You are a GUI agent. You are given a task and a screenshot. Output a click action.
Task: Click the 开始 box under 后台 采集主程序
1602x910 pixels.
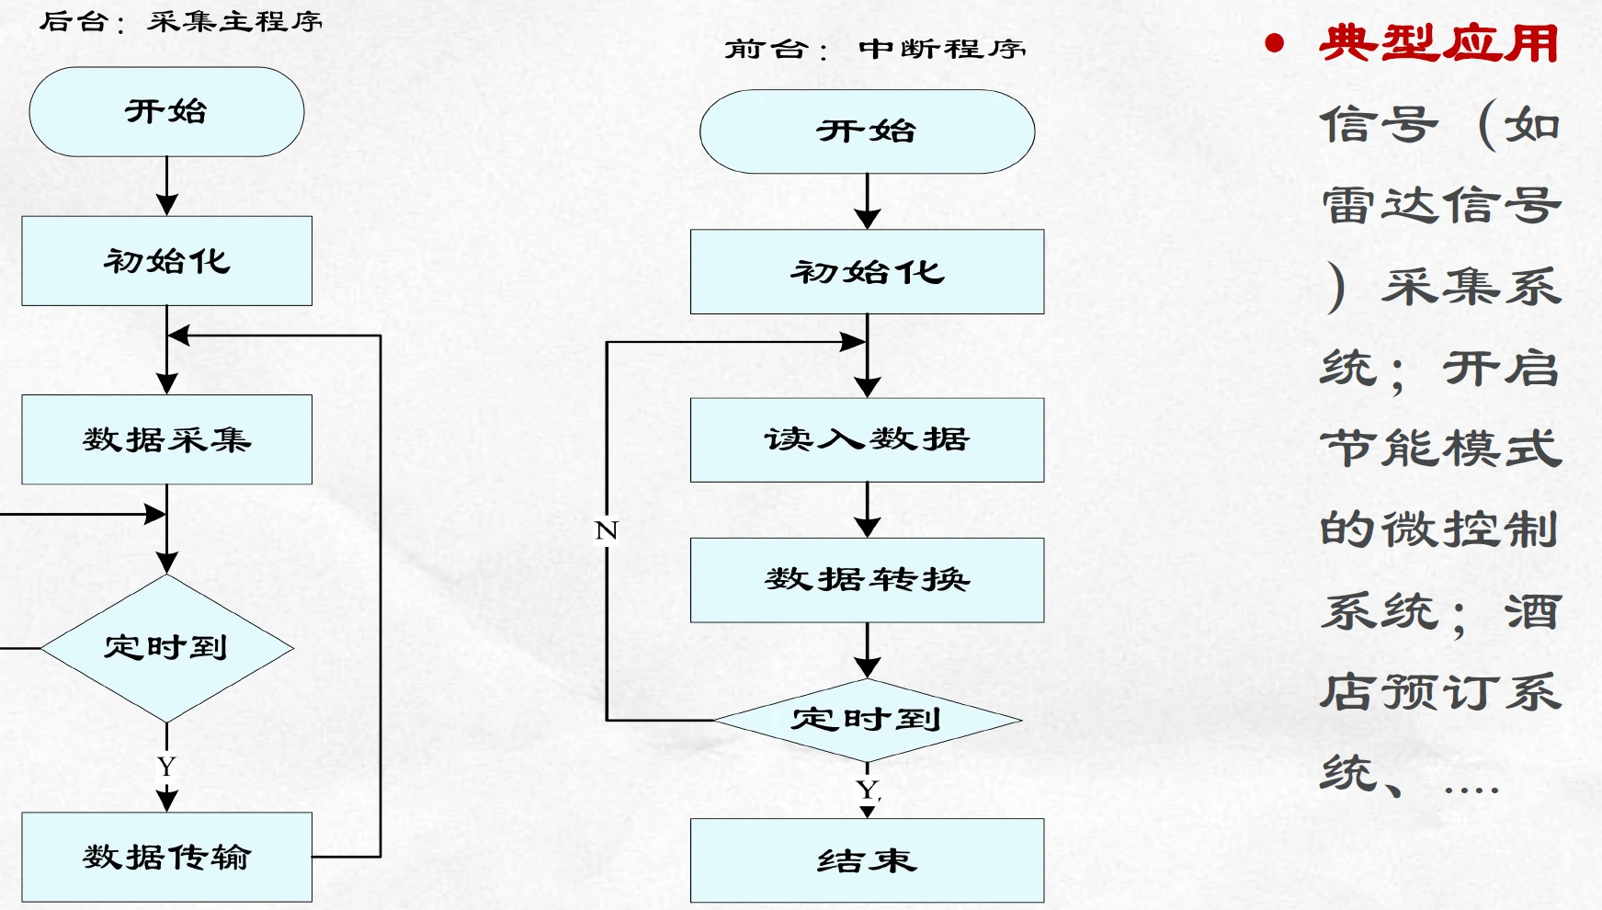pos(166,111)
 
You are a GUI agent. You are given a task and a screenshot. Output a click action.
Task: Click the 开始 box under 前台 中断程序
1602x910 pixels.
pos(867,131)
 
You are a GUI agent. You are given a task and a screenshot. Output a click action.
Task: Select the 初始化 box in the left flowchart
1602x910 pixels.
pos(166,261)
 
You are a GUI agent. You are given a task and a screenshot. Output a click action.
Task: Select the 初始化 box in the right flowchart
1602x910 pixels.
pos(867,272)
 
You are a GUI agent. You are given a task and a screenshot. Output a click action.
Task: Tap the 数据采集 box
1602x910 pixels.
pos(166,439)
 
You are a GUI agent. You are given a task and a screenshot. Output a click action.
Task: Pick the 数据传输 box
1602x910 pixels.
pos(166,857)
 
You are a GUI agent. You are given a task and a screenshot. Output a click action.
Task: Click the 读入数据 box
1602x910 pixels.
pos(867,439)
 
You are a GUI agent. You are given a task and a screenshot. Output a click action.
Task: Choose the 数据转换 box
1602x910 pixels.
pos(867,580)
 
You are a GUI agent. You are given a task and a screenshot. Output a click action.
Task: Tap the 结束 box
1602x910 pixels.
pos(867,860)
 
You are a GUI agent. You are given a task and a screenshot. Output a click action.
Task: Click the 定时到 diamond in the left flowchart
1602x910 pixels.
pos(166,648)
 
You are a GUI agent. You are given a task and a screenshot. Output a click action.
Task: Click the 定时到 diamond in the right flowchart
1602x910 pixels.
pos(867,720)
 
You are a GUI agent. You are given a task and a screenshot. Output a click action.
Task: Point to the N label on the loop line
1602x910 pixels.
pos(607,530)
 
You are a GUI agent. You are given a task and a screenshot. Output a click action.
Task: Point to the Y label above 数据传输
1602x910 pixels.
pos(166,766)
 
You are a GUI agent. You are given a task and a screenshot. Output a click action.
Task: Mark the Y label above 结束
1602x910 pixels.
pos(868,790)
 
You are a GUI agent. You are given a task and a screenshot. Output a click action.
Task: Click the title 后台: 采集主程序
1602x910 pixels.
pos(181,21)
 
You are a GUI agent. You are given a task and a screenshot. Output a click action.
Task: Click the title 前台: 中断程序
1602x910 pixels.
pos(875,49)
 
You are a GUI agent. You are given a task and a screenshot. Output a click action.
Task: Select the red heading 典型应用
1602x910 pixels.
pos(1438,43)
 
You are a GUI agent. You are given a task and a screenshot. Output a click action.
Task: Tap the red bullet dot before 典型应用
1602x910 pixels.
pos(1274,42)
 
